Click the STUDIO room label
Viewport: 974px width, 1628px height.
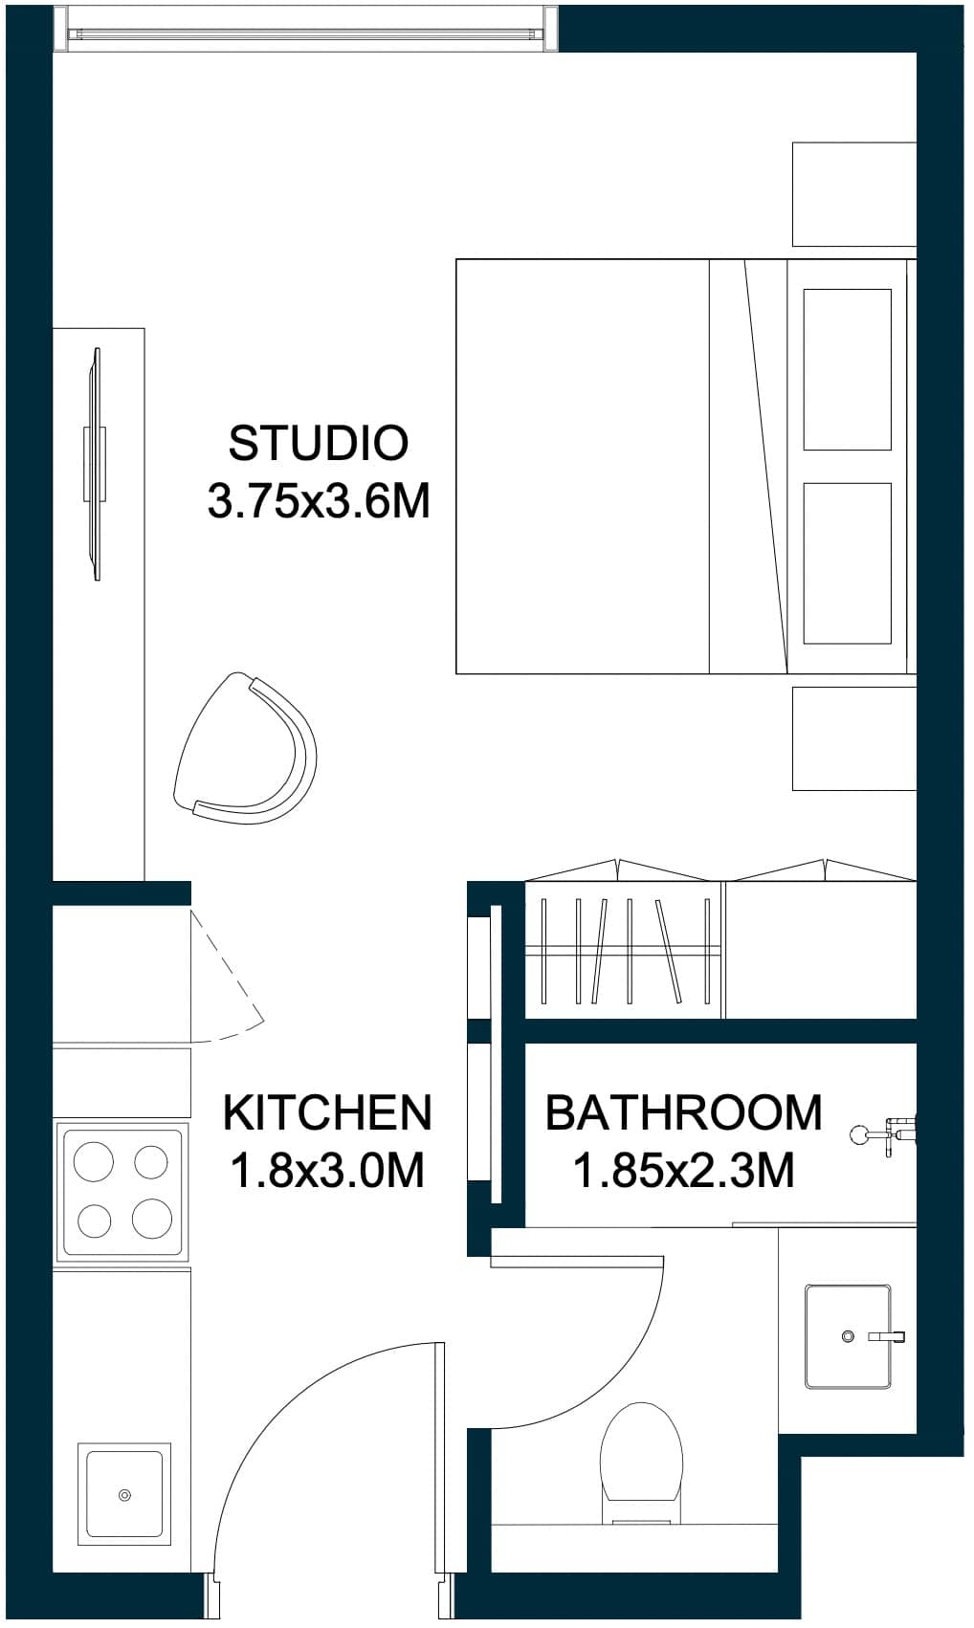click(319, 443)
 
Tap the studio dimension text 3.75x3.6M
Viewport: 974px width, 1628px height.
click(320, 501)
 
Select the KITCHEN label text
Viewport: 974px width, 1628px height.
click(328, 1112)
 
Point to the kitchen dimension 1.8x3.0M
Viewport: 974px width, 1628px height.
click(328, 1171)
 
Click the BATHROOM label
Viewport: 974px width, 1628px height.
click(684, 1112)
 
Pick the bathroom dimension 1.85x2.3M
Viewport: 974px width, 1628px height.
click(684, 1171)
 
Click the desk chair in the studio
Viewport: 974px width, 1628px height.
click(245, 748)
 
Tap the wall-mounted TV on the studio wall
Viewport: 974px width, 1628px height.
click(96, 464)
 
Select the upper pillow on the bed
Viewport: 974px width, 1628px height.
click(848, 370)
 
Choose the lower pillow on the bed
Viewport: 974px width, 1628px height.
click(848, 563)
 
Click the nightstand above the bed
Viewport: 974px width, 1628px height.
click(854, 194)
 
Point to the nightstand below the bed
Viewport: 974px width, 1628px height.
click(854, 738)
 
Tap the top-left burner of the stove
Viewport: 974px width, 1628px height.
click(94, 1160)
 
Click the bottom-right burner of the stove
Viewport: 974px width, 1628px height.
click(152, 1218)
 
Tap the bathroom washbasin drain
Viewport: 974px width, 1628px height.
click(848, 1336)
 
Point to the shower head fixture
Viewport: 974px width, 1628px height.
click(883, 1134)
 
